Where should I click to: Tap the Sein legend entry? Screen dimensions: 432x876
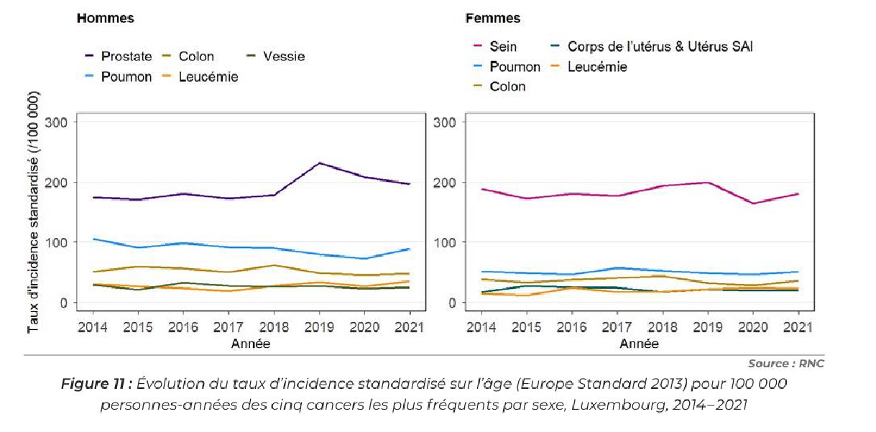click(503, 47)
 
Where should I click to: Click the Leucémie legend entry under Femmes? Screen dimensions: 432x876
click(597, 67)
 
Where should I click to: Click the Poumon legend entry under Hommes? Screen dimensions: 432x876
click(126, 76)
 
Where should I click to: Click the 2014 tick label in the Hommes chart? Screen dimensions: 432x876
click(93, 327)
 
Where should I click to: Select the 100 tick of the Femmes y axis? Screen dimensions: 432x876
click(446, 242)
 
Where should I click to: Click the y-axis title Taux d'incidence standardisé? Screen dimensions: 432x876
click(33, 212)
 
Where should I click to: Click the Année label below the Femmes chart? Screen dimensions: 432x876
click(638, 344)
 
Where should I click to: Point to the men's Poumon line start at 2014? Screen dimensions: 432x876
click(93, 239)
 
